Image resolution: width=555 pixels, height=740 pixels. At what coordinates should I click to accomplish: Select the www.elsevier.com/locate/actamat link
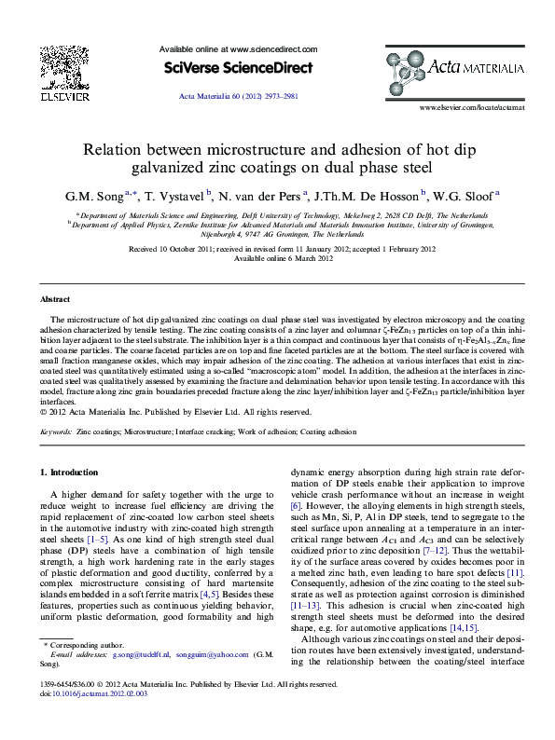coord(472,109)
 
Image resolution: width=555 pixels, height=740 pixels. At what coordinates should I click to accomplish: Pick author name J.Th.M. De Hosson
coord(368,196)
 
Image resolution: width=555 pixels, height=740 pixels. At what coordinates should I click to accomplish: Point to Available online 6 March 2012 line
coord(277,258)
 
